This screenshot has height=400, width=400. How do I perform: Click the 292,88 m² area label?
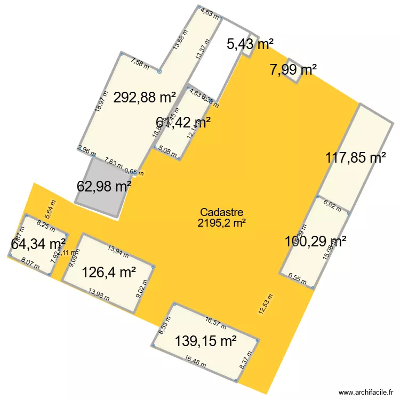click(145, 98)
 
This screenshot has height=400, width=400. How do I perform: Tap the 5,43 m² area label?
click(250, 44)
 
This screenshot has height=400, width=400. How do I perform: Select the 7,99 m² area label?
click(293, 69)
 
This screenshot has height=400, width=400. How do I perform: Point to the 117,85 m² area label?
click(356, 158)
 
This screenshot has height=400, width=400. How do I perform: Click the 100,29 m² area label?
click(316, 241)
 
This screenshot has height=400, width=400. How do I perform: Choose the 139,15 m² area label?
click(206, 340)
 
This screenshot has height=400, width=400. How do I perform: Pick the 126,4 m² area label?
click(108, 273)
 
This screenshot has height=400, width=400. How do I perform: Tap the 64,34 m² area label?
click(38, 244)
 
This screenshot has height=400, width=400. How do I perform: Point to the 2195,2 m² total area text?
click(221, 223)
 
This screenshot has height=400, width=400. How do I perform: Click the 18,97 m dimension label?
click(98, 100)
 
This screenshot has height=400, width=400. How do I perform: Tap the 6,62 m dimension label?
click(332, 204)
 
